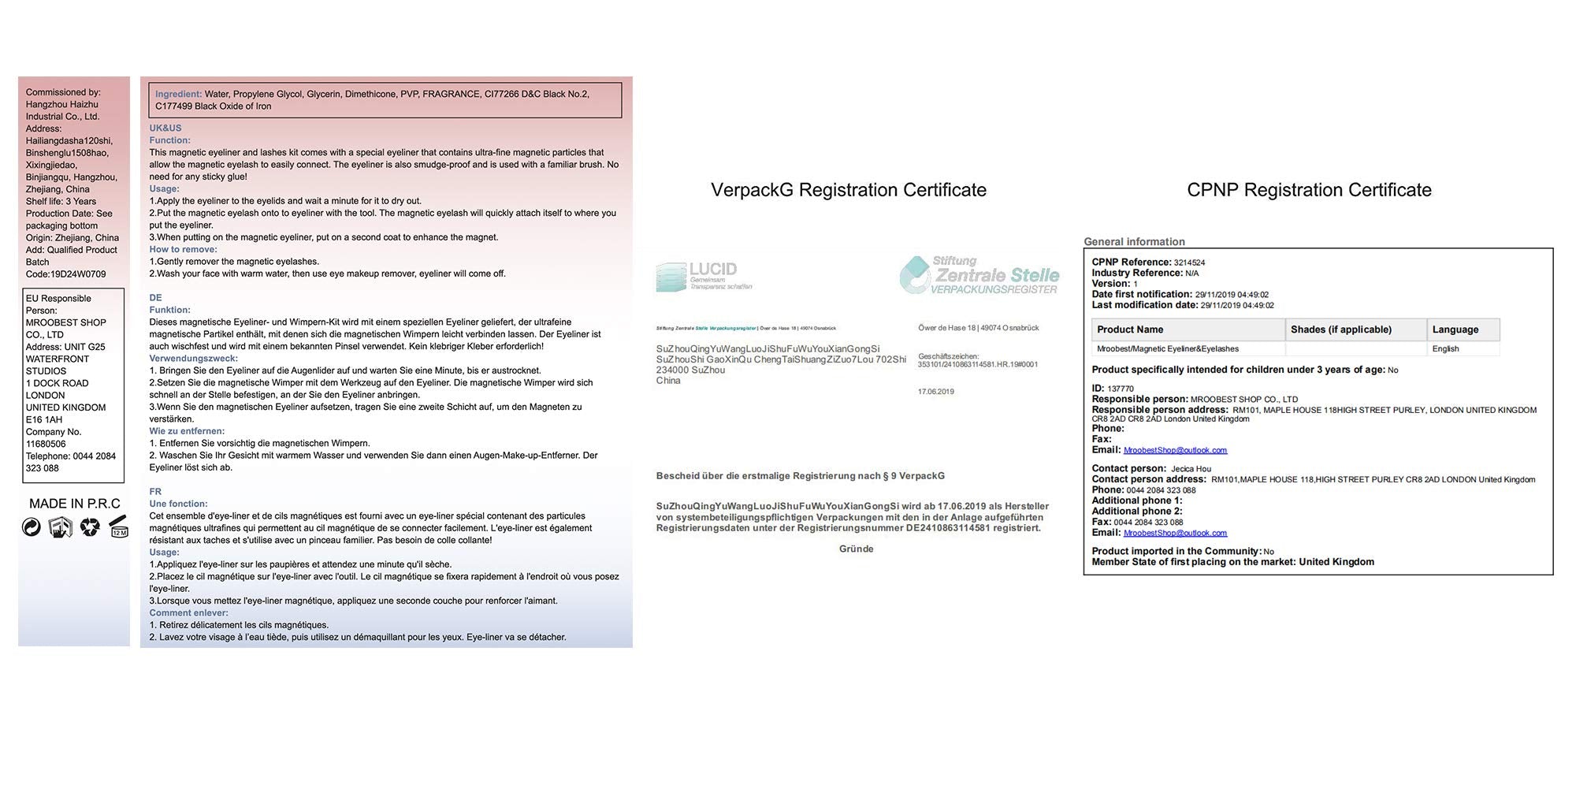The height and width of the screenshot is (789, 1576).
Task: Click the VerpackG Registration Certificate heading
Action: (848, 190)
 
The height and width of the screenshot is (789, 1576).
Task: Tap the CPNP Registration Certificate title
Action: (1309, 190)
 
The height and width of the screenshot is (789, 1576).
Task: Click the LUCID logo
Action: (703, 275)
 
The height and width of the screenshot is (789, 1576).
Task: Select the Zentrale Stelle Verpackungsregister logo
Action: (979, 275)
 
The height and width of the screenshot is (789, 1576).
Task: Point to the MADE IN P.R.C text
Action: (75, 504)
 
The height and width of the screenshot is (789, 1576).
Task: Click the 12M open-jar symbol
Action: (118, 527)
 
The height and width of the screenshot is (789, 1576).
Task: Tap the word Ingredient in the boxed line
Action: (178, 94)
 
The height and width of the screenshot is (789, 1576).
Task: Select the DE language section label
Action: (155, 298)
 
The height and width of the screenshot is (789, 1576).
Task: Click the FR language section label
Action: (155, 492)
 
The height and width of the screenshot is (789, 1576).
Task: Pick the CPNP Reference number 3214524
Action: (1189, 263)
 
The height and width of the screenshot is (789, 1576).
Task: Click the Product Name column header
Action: (1130, 329)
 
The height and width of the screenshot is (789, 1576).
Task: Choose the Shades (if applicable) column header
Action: (1340, 329)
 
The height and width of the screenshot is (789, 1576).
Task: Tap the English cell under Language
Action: (1445, 349)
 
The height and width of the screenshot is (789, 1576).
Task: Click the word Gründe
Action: (856, 549)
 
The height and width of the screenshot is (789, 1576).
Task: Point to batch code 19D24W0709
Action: (77, 274)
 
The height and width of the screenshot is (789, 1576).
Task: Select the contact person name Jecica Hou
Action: (1191, 469)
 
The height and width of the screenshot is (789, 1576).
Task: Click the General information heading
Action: (1134, 242)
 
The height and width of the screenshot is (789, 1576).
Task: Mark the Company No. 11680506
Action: (46, 444)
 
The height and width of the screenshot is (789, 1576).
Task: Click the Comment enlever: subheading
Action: (189, 613)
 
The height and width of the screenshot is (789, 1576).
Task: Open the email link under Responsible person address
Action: (1175, 450)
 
